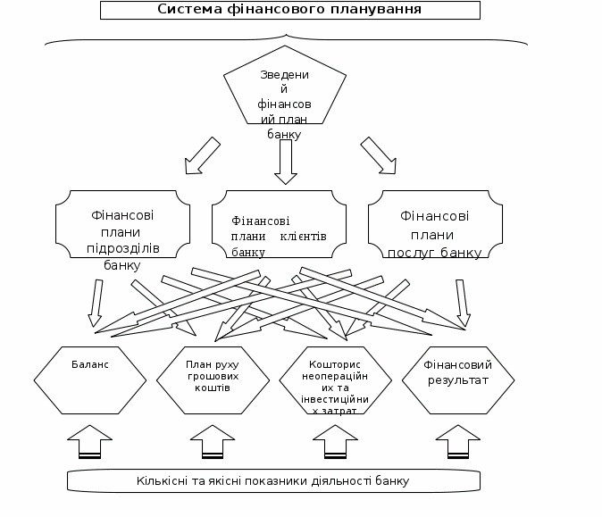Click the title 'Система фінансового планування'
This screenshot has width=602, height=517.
click(x=289, y=10)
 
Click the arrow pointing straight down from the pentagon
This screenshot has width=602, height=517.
click(x=285, y=162)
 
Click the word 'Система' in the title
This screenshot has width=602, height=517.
click(x=187, y=10)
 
